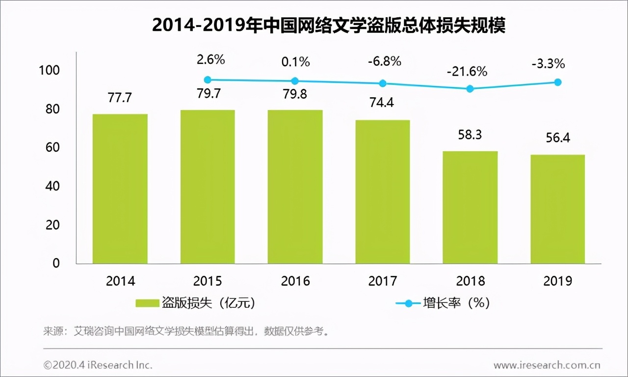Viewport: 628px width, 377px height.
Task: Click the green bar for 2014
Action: (120, 189)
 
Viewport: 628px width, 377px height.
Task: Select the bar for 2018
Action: (470, 207)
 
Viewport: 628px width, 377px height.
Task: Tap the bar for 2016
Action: (295, 187)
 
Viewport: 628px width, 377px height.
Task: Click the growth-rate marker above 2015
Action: (208, 80)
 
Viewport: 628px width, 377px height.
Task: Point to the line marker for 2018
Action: (470, 89)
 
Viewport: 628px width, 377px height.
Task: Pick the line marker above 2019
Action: (558, 82)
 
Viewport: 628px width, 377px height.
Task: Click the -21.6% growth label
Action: (467, 72)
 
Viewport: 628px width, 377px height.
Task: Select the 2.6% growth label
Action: (210, 60)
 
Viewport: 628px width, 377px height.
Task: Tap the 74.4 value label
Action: (382, 103)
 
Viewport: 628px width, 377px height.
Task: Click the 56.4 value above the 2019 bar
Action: (557, 138)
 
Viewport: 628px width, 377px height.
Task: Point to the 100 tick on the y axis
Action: (49, 70)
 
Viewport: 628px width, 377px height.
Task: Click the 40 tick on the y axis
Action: (52, 186)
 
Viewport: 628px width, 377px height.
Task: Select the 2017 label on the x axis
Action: (383, 281)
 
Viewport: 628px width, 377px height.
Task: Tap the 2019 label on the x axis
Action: (558, 281)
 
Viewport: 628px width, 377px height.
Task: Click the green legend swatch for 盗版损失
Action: (147, 303)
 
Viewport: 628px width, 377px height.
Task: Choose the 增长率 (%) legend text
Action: (456, 303)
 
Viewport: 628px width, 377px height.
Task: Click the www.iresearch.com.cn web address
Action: (547, 365)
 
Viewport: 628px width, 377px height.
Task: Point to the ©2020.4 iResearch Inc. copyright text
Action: (98, 365)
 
